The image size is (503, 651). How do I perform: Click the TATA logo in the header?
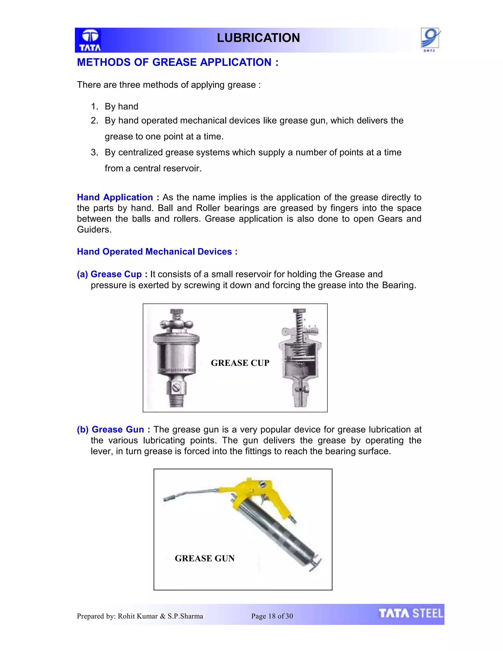coord(90,40)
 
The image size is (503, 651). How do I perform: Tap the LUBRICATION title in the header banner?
coord(258,38)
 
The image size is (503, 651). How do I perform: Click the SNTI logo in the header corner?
coord(430,39)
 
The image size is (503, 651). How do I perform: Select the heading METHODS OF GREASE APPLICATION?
coord(178,62)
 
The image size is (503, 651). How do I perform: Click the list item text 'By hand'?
coord(121,106)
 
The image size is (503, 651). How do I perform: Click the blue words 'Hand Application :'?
coord(118,197)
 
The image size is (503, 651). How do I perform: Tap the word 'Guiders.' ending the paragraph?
coord(94,229)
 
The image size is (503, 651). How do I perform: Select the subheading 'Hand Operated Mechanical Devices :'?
coord(157,252)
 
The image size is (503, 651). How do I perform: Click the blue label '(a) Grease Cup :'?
coord(112,274)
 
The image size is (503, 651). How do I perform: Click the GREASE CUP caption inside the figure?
coord(240,363)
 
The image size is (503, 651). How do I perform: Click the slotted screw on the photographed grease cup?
coord(176,388)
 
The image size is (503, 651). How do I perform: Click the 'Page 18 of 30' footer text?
coord(272,616)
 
